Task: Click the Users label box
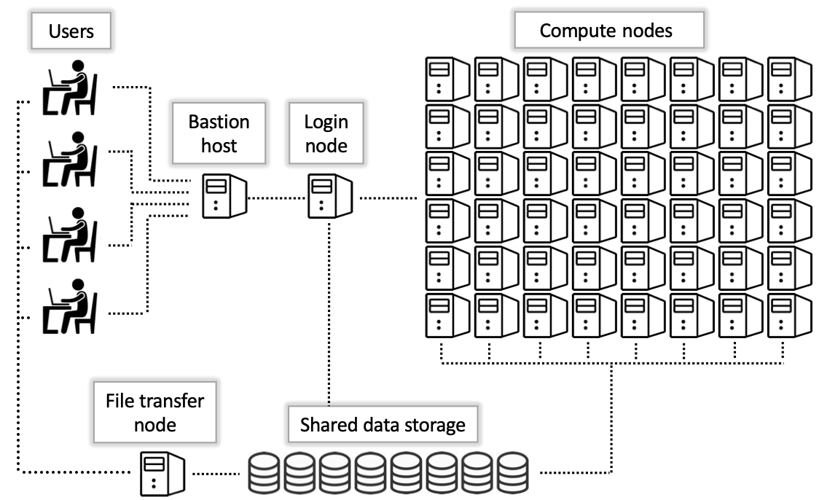click(71, 31)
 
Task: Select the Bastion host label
click(219, 133)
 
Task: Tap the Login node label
click(326, 133)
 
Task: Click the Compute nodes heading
click(606, 31)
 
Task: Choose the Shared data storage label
click(383, 424)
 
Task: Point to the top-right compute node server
click(788, 78)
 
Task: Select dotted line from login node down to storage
click(329, 313)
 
